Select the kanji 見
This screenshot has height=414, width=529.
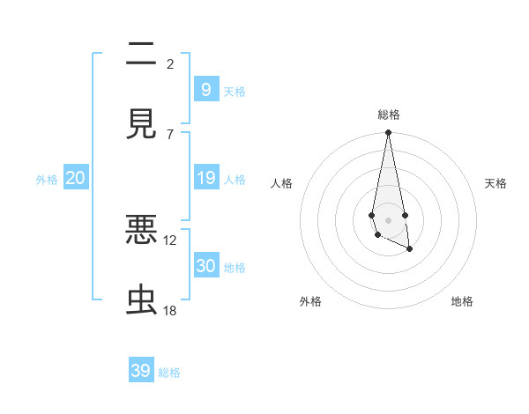click(x=141, y=124)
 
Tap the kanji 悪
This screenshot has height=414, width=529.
click(x=141, y=229)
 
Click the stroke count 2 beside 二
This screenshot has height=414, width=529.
click(x=170, y=63)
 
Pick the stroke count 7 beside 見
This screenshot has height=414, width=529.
click(x=170, y=134)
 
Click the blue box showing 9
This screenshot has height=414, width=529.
click(x=205, y=89)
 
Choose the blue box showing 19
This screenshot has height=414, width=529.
click(x=205, y=179)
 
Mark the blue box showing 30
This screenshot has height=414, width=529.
click(x=205, y=266)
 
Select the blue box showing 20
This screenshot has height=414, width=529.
click(x=76, y=179)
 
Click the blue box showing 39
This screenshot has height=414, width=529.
click(x=141, y=371)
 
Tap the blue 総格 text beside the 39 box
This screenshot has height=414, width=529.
click(x=170, y=373)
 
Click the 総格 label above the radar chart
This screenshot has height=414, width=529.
click(x=388, y=115)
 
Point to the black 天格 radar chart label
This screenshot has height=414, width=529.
click(x=495, y=183)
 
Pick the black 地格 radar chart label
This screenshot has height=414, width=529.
click(x=462, y=301)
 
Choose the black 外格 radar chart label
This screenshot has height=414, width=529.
click(x=310, y=301)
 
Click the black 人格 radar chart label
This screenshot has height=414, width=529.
click(x=282, y=183)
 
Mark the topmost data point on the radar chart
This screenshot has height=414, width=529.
click(x=388, y=133)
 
